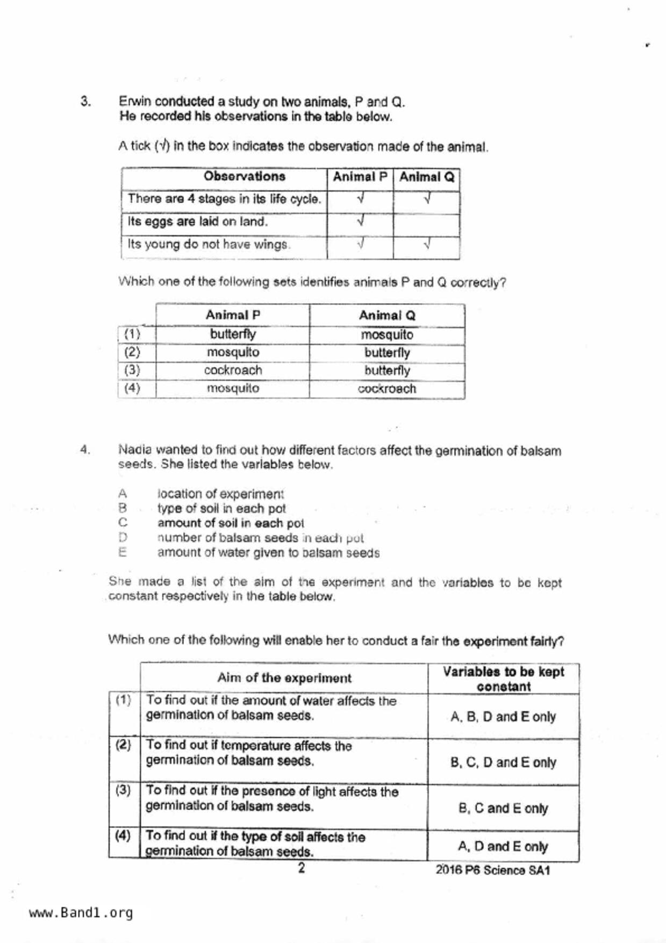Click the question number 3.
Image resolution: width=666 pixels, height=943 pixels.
click(x=85, y=101)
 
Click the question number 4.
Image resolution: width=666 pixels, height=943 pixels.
click(x=85, y=449)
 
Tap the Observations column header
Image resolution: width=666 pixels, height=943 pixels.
click(x=244, y=176)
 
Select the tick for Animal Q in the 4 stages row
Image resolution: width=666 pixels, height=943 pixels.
click(x=427, y=199)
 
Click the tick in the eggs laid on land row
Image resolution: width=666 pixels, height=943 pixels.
click(x=361, y=221)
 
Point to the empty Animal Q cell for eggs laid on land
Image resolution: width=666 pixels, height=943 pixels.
click(x=426, y=222)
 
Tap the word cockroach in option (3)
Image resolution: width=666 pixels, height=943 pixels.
click(x=233, y=370)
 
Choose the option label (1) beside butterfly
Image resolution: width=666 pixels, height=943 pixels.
click(x=132, y=334)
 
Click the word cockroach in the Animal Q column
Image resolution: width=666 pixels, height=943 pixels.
click(x=387, y=389)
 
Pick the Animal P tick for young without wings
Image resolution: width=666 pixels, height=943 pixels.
click(x=361, y=245)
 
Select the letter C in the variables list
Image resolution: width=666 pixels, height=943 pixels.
click(x=123, y=523)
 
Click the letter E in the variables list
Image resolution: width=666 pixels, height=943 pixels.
click(x=123, y=552)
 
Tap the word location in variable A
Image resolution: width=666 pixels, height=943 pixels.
click(x=178, y=494)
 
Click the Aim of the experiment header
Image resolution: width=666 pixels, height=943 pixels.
click(x=284, y=678)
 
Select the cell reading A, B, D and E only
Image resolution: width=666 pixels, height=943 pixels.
click(x=503, y=717)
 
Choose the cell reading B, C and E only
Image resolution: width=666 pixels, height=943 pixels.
click(x=503, y=809)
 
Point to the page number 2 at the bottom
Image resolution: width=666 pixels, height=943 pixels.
click(x=301, y=868)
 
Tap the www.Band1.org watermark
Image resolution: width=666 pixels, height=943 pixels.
click(x=81, y=913)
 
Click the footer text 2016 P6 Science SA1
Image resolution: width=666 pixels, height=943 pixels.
click(x=492, y=870)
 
